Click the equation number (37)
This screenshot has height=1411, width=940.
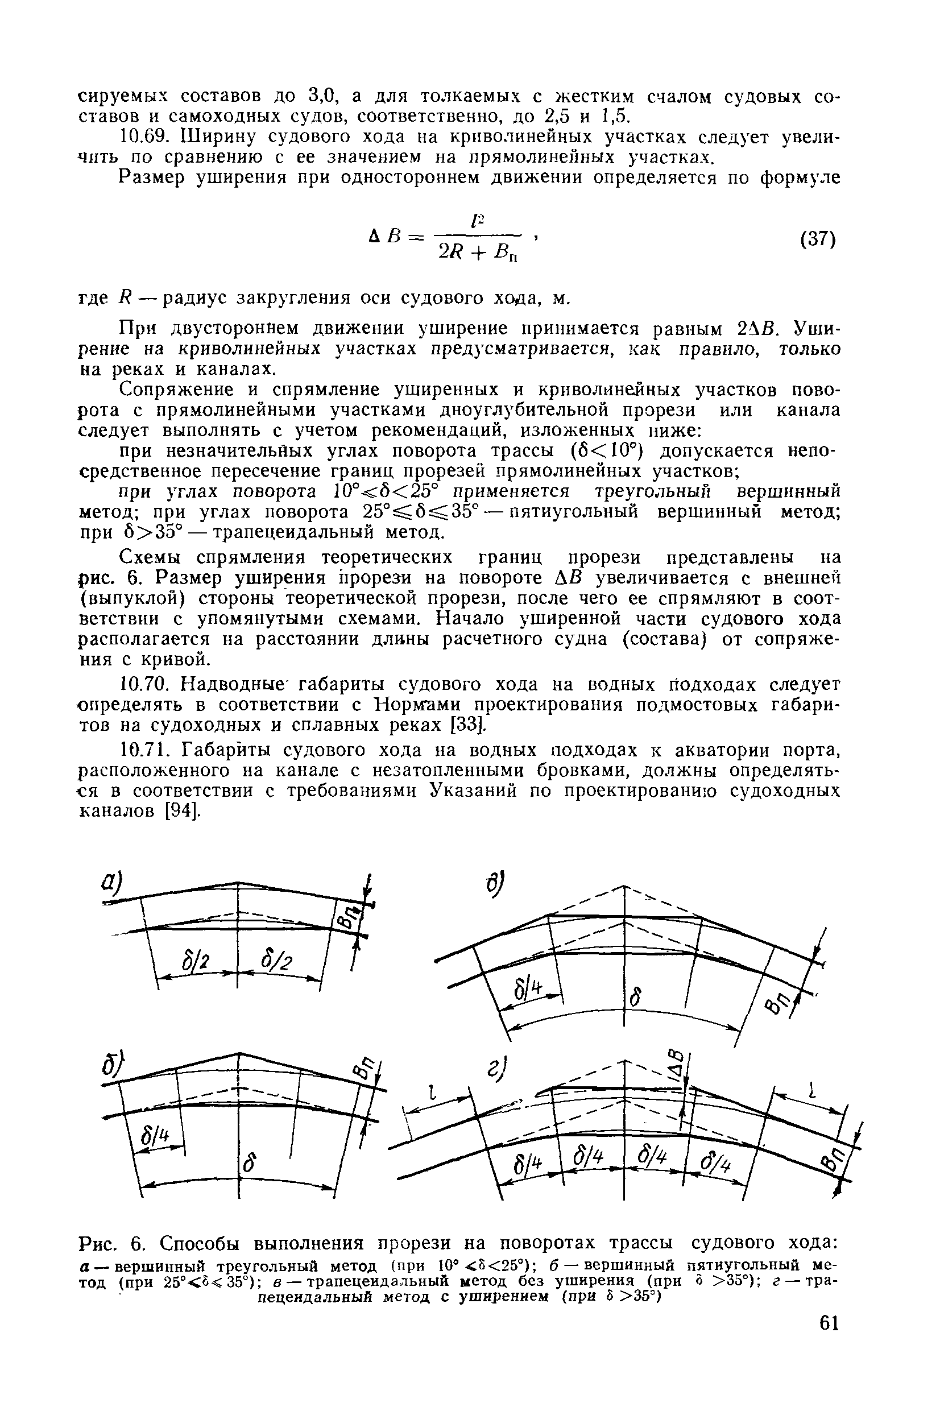point(818,238)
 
